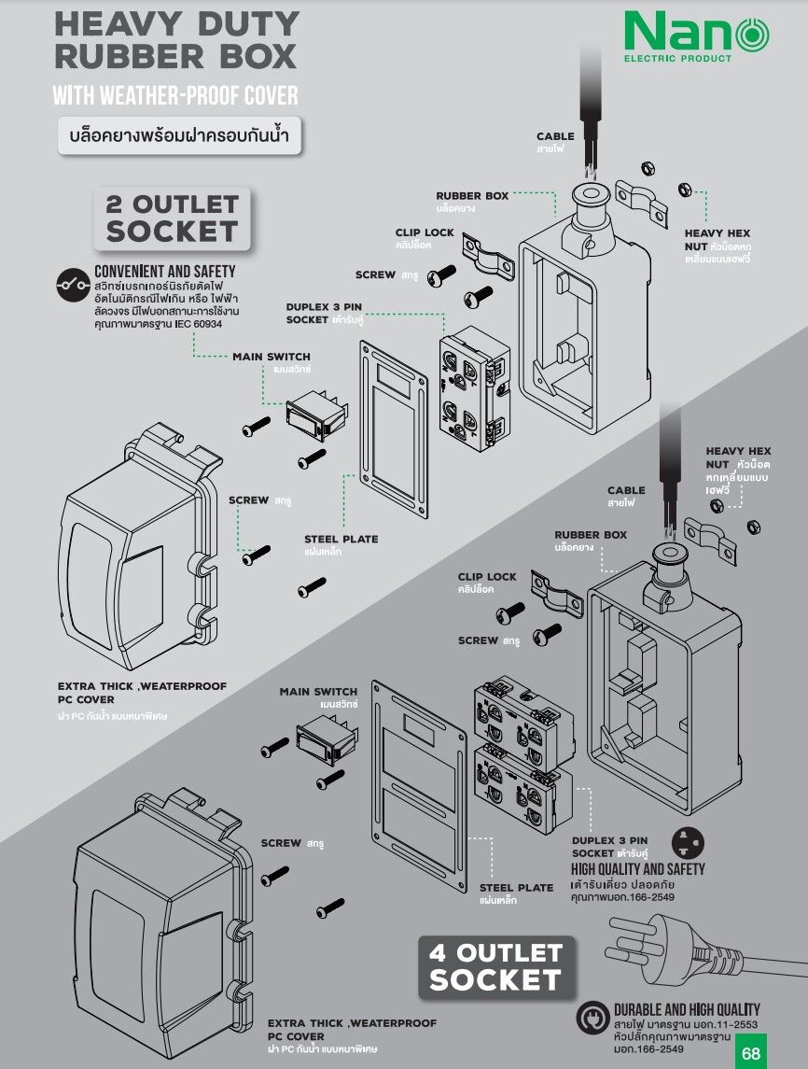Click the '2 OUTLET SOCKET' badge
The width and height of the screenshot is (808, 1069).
172,218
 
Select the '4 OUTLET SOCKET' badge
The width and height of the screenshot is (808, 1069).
496,966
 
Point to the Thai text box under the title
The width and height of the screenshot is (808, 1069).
179,135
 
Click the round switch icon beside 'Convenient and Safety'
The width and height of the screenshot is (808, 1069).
73,285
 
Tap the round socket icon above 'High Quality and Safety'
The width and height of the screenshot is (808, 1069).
688,843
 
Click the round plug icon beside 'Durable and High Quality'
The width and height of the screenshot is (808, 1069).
592,1018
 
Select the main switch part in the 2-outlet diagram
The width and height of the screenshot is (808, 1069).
317,413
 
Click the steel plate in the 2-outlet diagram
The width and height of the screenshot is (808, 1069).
394,429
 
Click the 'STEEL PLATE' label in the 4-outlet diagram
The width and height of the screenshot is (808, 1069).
516,888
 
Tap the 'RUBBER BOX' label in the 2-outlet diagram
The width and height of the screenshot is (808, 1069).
472,196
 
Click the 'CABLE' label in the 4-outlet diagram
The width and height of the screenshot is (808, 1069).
626,490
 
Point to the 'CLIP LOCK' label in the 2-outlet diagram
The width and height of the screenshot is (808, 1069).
425,232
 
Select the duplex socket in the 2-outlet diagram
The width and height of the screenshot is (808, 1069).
475,388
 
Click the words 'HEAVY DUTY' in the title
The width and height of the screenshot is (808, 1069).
177,24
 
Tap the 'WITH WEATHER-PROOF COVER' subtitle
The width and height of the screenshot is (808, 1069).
175,95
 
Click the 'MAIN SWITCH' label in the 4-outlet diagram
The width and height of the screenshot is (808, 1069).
318,691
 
